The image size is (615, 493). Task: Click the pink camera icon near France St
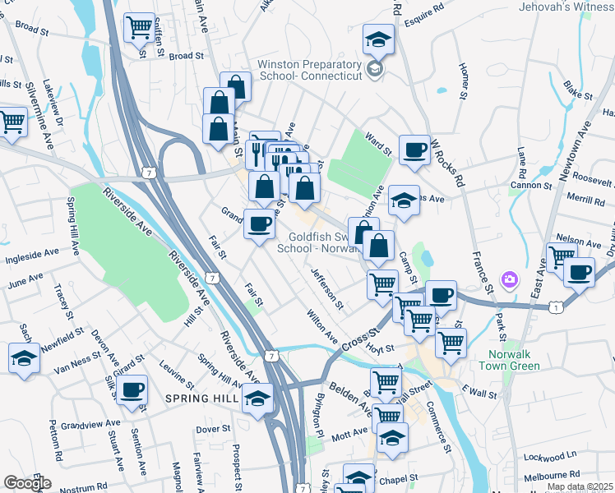coord(510,281)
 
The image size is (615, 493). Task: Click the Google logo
coord(27,483)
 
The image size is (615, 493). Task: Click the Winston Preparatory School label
coord(311,70)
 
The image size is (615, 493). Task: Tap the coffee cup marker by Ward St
coord(414,150)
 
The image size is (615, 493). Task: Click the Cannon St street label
coord(530,186)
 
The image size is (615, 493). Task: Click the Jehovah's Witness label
coord(566,7)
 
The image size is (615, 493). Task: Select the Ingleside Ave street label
coord(30,261)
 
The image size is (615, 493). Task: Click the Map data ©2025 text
coord(580,486)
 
